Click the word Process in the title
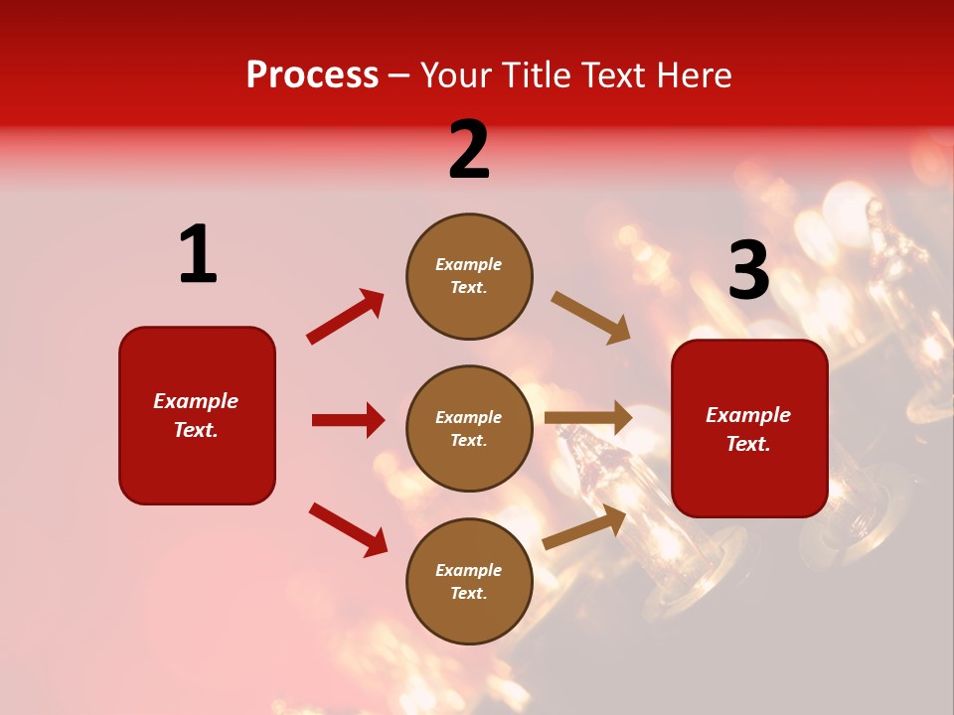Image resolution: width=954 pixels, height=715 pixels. pyautogui.click(x=312, y=75)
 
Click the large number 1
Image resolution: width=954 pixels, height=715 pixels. pyautogui.click(x=198, y=254)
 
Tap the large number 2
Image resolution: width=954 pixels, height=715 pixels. pyautogui.click(x=469, y=149)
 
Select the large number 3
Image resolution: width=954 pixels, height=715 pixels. pyautogui.click(x=748, y=271)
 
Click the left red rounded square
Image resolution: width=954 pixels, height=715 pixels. pyautogui.click(x=197, y=415)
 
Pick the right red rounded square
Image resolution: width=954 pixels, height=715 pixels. pyautogui.click(x=749, y=428)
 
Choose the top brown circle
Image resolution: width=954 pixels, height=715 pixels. pyautogui.click(x=469, y=275)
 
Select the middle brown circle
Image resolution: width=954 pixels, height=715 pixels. pyautogui.click(x=469, y=428)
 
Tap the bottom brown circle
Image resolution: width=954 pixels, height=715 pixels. pyautogui.click(x=469, y=581)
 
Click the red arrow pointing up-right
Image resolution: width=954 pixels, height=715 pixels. pyautogui.click(x=345, y=317)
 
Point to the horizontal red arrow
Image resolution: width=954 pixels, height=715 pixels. pyautogui.click(x=348, y=420)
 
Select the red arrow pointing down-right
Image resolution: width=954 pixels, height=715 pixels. pyautogui.click(x=348, y=529)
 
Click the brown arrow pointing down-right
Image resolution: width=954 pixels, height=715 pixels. pyautogui.click(x=590, y=318)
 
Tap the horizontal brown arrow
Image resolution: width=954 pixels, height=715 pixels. pyautogui.click(x=588, y=417)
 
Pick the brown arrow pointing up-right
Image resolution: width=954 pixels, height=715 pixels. pyautogui.click(x=584, y=527)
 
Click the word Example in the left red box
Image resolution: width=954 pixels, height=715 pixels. pyautogui.click(x=196, y=401)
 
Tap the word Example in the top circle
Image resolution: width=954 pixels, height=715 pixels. pyautogui.click(x=469, y=264)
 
